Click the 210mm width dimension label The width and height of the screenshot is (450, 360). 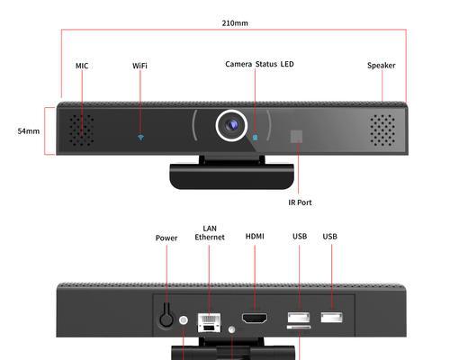coord(235,23)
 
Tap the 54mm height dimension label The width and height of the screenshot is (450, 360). coord(29,131)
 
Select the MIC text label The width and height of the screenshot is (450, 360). coord(82,66)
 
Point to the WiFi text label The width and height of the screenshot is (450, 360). coord(139,66)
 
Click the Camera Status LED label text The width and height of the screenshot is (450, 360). coord(259,64)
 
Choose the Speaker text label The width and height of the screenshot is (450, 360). coord(382,66)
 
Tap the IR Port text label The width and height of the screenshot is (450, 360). coord(300,202)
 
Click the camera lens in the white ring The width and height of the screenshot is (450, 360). coord(231,125)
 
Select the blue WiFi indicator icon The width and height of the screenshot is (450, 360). coord(140,138)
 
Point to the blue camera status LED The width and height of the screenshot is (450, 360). coord(255,138)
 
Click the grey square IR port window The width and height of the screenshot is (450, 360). coord(296,137)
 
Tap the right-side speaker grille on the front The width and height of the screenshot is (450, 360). coord(382,130)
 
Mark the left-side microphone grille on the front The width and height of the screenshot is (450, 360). coord(81,130)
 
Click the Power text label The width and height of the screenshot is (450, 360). coord(166,238)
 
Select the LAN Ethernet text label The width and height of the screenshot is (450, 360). coord(210,233)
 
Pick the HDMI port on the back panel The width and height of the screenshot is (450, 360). coord(255,319)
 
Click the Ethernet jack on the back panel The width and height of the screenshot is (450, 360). coord(209,322)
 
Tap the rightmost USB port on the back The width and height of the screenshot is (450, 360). coord(331,318)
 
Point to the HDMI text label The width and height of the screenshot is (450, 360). coord(255,237)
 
